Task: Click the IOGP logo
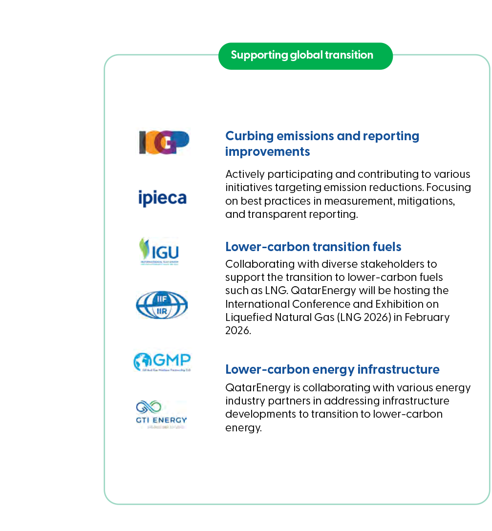(162, 141)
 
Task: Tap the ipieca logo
(162, 196)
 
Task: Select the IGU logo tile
(162, 251)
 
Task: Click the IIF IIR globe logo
(162, 305)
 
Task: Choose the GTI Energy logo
(162, 414)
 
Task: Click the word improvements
(267, 151)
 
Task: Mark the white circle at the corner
(59, 61)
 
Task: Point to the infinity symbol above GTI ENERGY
(149, 406)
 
